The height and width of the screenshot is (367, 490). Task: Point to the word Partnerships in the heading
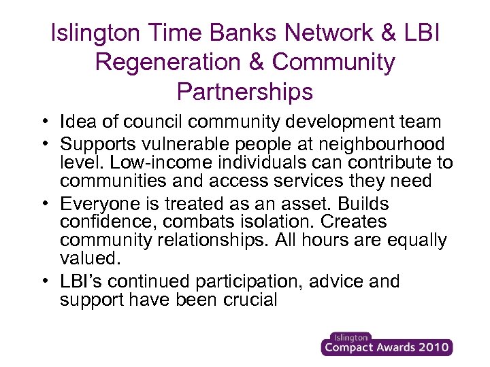(x=245, y=91)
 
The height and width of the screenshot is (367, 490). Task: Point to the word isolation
(x=284, y=222)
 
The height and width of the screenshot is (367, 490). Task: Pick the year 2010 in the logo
(x=429, y=348)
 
